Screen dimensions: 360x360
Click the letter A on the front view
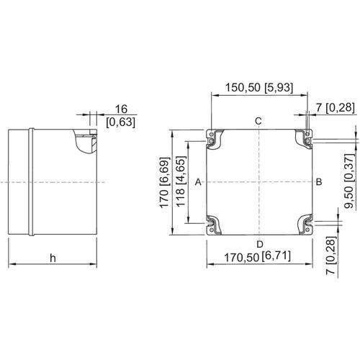point(198,183)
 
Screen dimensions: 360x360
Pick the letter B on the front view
point(319,183)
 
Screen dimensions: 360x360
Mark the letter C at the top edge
point(258,120)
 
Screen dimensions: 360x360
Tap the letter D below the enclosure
point(258,243)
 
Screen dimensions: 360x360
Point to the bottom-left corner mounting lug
point(214,225)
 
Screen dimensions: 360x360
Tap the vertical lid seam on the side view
point(30,181)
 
